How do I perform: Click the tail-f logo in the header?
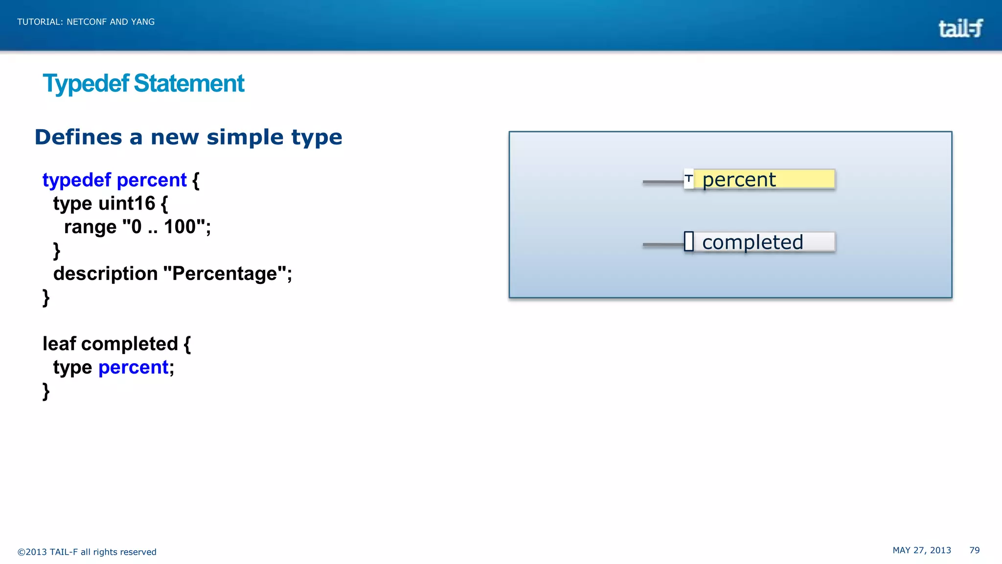[x=960, y=28]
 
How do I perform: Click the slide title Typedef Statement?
[x=143, y=83]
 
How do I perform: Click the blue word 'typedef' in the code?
[x=77, y=180]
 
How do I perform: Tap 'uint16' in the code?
[x=127, y=204]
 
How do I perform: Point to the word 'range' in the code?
[x=90, y=227]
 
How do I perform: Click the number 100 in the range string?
[x=180, y=227]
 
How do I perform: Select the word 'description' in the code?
[x=105, y=274]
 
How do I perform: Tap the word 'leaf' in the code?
[x=59, y=344]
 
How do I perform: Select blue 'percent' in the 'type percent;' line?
[x=133, y=367]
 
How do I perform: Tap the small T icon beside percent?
[x=689, y=179]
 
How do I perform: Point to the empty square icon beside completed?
[x=689, y=241]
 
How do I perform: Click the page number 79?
[x=974, y=550]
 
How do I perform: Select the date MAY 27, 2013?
[x=922, y=550]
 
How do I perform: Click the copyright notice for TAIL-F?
[x=87, y=552]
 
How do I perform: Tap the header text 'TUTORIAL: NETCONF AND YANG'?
[x=86, y=22]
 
